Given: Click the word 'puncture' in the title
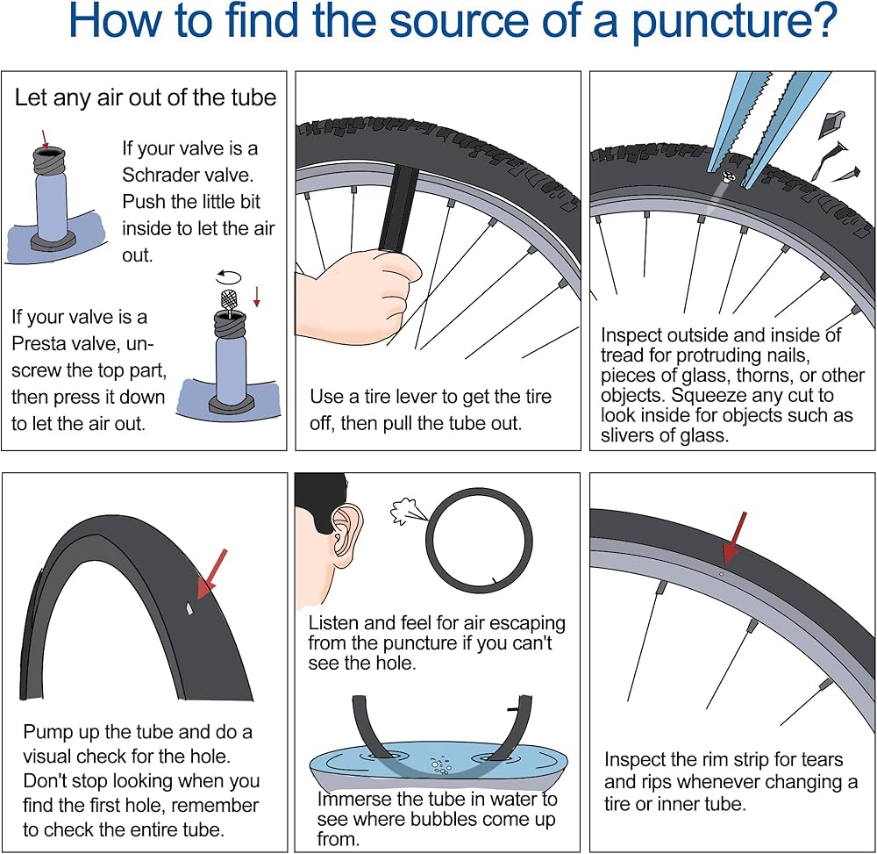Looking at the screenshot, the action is [735, 21].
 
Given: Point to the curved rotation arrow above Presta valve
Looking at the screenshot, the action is [229, 276].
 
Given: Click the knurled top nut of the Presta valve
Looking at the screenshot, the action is [229, 300].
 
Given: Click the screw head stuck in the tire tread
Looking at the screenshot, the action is [727, 178].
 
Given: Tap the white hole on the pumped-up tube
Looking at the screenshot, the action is [189, 608].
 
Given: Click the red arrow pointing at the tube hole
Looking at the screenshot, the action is [212, 574].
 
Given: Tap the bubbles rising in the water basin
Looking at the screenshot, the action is [440, 765].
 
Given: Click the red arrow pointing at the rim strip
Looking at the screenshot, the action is [734, 536].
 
